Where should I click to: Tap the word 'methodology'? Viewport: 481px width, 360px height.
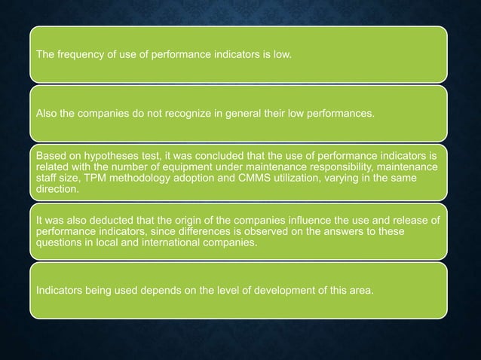[135, 175]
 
